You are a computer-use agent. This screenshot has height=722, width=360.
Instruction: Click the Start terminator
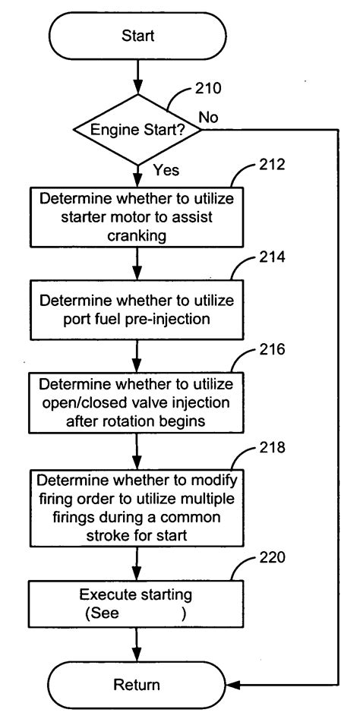[x=137, y=36]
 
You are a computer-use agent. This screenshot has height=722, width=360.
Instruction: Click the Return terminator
[x=137, y=684]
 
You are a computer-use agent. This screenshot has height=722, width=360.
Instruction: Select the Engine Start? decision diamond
[x=137, y=130]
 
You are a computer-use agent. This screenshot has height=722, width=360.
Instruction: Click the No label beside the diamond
[x=210, y=116]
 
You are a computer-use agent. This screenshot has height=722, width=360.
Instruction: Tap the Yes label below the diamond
[x=166, y=171]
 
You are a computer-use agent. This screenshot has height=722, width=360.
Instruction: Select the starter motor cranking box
[x=137, y=216]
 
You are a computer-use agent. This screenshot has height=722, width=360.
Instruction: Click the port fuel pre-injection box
[x=137, y=310]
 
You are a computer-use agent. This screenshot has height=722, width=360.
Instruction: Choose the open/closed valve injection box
[x=137, y=401]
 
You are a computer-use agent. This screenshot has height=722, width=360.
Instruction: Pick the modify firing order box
[x=137, y=506]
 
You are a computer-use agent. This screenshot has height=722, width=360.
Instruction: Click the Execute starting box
[x=137, y=604]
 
